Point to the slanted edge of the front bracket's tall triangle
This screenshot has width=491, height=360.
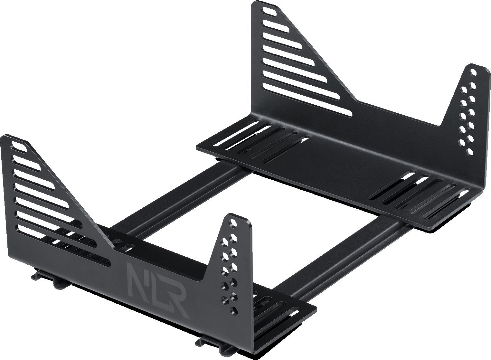coord(64,180)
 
